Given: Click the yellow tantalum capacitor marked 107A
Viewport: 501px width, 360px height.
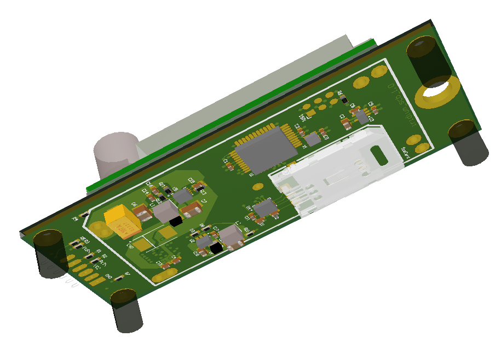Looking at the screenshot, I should [x=124, y=222].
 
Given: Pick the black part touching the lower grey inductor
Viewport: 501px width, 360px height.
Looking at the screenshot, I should [x=217, y=248].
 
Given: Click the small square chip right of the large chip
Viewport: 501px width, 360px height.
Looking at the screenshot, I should [x=313, y=138].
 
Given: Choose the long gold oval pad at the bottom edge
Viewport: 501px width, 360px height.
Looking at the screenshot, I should [x=163, y=277].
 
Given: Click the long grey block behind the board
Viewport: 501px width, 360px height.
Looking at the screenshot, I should [x=246, y=104].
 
